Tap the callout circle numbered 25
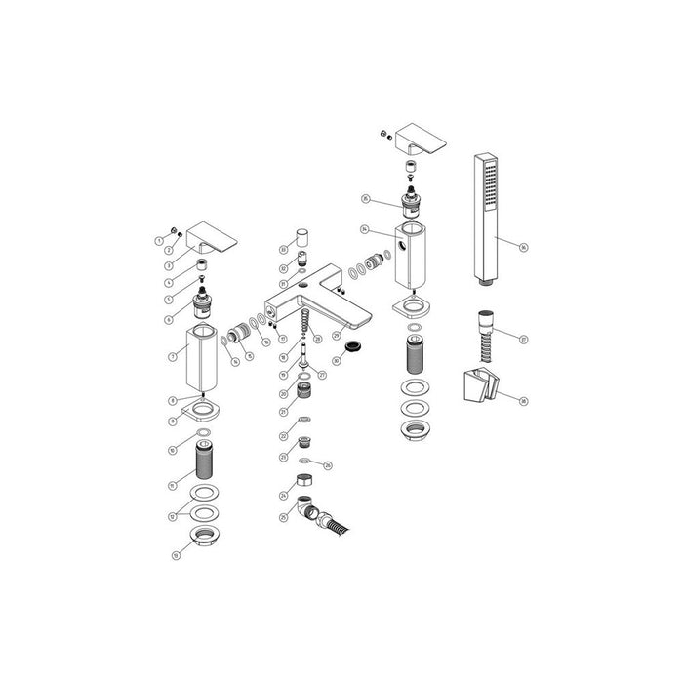point(282,516)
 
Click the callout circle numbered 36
point(523,248)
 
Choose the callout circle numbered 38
point(523,400)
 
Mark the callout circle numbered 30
point(337,360)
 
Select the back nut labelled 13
point(205,535)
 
